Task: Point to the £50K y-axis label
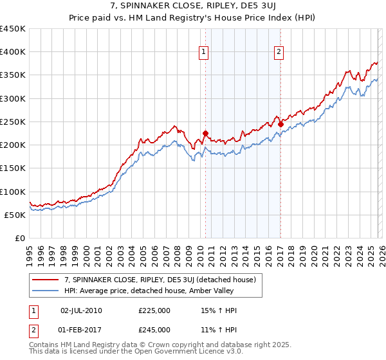pyautogui.click(x=15, y=215)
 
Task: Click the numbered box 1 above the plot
pyautogui.click(x=204, y=53)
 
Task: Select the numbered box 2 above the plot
pyautogui.click(x=279, y=53)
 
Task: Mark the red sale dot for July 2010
pyautogui.click(x=205, y=134)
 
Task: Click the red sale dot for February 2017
pyautogui.click(x=280, y=124)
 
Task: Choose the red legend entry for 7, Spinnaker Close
pyautogui.click(x=161, y=280)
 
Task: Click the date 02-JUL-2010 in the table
pyautogui.click(x=80, y=310)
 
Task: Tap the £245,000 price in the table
pyautogui.click(x=154, y=330)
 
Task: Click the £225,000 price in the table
pyautogui.click(x=154, y=310)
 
